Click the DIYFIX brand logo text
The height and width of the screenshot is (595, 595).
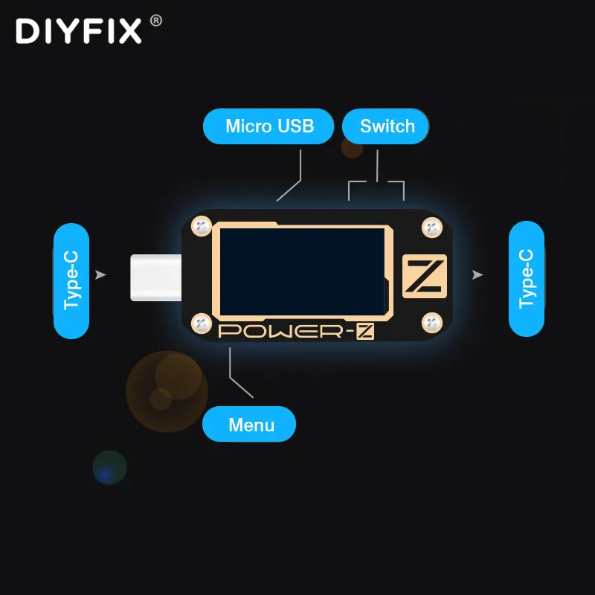[x=78, y=31]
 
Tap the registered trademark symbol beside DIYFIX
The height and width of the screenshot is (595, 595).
[x=155, y=21]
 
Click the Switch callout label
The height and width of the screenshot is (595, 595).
[x=387, y=126]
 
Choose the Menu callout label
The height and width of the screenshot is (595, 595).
[x=251, y=425]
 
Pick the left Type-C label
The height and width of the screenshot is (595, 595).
[x=71, y=280]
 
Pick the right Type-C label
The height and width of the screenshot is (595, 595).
[x=527, y=278]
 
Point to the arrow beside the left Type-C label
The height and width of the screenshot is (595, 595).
[x=101, y=275]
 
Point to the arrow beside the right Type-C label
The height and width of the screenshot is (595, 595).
[x=477, y=275]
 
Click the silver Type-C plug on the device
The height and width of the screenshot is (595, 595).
[x=155, y=277]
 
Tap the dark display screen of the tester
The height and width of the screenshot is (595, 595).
[x=301, y=271]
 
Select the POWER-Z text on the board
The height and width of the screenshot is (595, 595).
[x=295, y=332]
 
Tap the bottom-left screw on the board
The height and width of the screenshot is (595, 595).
[x=200, y=323]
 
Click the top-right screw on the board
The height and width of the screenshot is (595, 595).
[x=431, y=228]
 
